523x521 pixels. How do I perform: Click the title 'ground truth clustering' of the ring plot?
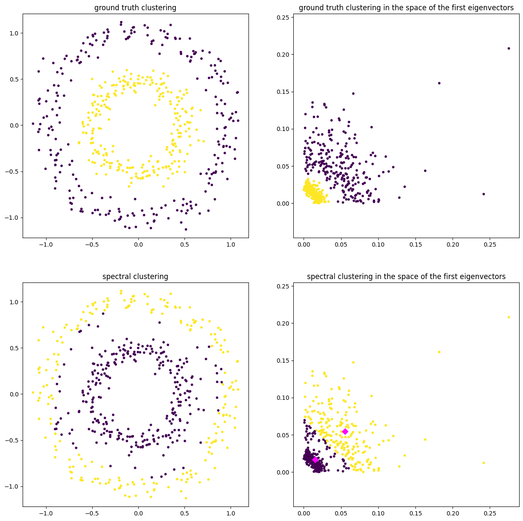[135, 8]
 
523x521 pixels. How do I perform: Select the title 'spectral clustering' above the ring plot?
[135, 277]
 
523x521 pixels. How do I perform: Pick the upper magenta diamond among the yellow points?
[345, 431]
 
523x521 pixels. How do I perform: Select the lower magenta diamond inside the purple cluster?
[315, 460]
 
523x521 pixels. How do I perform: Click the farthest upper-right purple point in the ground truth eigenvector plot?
[508, 48]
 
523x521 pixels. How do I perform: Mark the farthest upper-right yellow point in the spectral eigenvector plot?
[508, 317]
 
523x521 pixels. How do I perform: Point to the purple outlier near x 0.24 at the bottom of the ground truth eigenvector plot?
[484, 194]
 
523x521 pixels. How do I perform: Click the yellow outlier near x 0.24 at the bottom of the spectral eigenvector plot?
[484, 463]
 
